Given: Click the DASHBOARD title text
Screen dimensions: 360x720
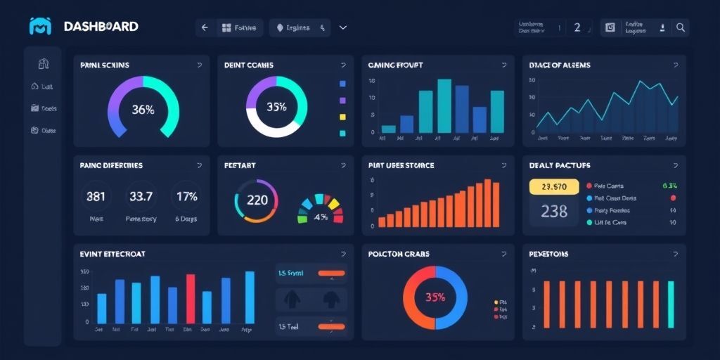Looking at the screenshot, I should coord(101,27).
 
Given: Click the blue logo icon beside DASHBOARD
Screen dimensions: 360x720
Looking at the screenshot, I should coord(40,27).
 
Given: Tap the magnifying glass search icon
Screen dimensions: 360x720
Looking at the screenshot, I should coord(680,27).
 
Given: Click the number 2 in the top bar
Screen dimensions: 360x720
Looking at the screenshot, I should coord(577,27).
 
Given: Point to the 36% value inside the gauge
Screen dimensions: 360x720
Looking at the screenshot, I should coord(143,110).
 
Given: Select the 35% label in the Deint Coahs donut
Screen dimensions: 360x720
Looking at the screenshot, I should coord(276,108).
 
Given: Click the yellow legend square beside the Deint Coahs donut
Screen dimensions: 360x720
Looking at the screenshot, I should coord(342,117).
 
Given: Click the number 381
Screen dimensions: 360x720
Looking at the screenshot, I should coord(96,197).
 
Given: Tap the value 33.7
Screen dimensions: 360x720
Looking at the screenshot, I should coord(141,197).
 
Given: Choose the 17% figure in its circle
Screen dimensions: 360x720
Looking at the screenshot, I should coord(186,197).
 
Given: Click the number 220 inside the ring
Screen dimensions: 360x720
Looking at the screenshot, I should coord(257,200).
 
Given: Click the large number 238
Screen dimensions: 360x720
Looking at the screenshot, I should coord(554,211).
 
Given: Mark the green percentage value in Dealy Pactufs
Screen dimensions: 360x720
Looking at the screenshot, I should coord(669,186).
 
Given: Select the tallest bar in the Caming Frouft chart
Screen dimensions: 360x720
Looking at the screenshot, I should coord(444,105).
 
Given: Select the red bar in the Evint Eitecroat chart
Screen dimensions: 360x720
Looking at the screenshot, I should coord(190,298).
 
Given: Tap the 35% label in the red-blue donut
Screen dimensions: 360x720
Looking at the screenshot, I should coord(435,297).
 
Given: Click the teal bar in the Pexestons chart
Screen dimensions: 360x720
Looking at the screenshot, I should coord(670,305).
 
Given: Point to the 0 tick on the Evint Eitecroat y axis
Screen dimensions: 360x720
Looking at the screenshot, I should coord(86,322).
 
